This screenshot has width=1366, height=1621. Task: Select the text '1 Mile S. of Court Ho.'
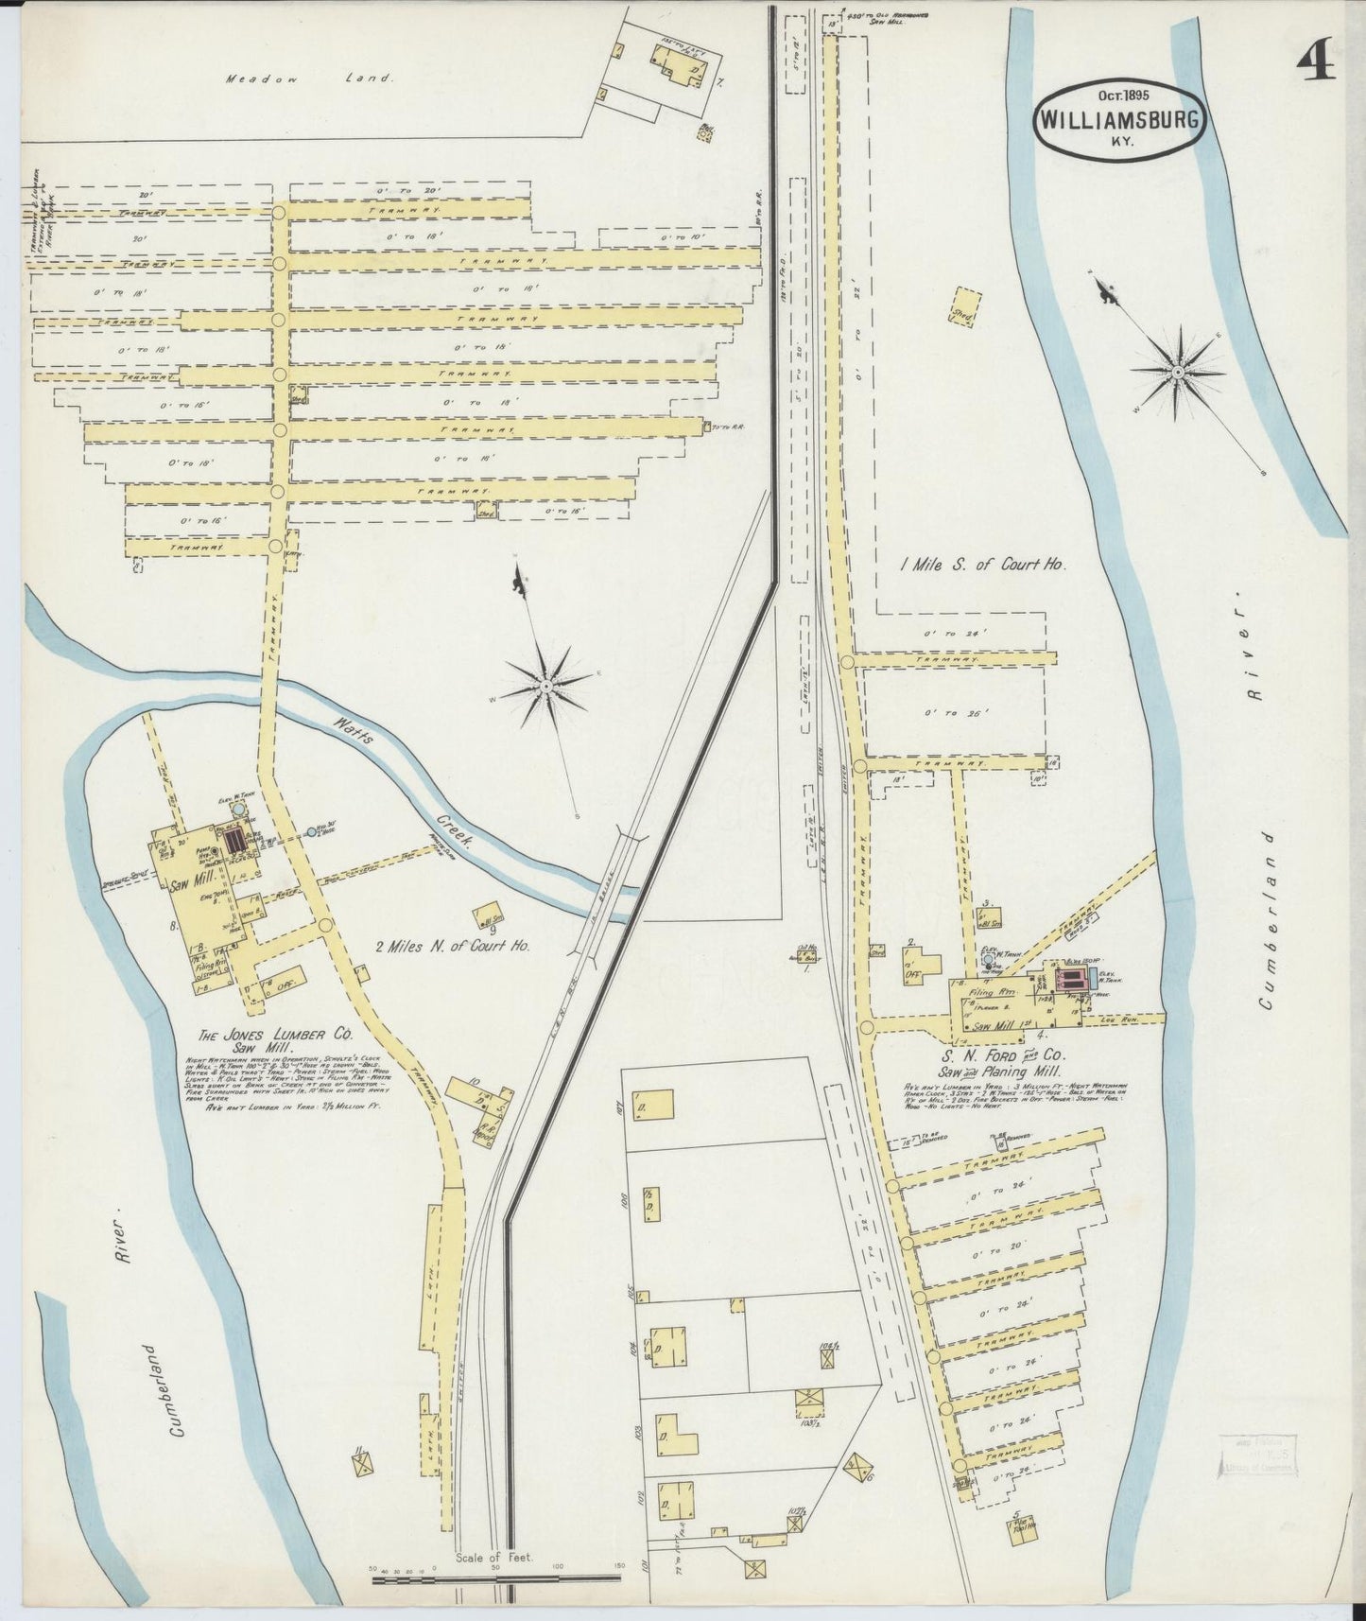pos(983,565)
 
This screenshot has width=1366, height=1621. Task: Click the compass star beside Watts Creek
pos(546,683)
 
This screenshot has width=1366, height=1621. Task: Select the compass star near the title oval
pos(1178,373)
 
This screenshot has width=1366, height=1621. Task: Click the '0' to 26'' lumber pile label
pos(955,714)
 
